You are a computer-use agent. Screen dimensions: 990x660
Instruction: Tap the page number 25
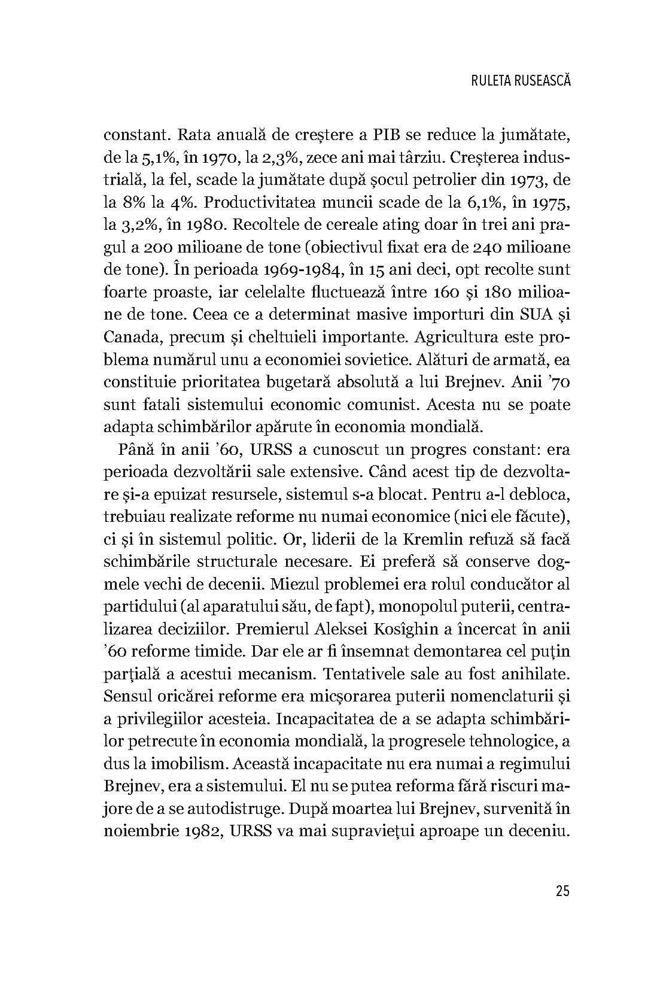(562, 891)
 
